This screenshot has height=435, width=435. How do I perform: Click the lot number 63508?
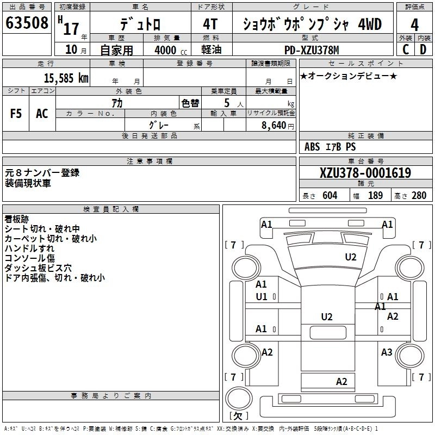point(27,23)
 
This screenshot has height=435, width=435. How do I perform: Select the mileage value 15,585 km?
point(66,78)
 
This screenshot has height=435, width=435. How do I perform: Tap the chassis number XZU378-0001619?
point(365,173)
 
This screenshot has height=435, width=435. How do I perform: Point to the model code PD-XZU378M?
point(312,50)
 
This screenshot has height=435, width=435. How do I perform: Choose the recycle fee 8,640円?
point(277,125)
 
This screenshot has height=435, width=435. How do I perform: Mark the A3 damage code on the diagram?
point(387,352)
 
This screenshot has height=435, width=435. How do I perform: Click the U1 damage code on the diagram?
point(262,297)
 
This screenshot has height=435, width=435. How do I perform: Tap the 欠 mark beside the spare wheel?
point(238,417)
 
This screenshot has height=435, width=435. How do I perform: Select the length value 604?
point(330,196)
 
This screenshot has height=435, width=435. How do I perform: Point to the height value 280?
point(419,196)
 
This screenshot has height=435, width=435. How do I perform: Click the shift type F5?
point(16,113)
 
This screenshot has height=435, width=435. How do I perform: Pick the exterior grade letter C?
point(405,49)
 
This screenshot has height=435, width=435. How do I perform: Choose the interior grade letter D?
point(423,49)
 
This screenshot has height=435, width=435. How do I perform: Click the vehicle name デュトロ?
point(140,25)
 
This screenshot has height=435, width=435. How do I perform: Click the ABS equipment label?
point(312,147)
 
